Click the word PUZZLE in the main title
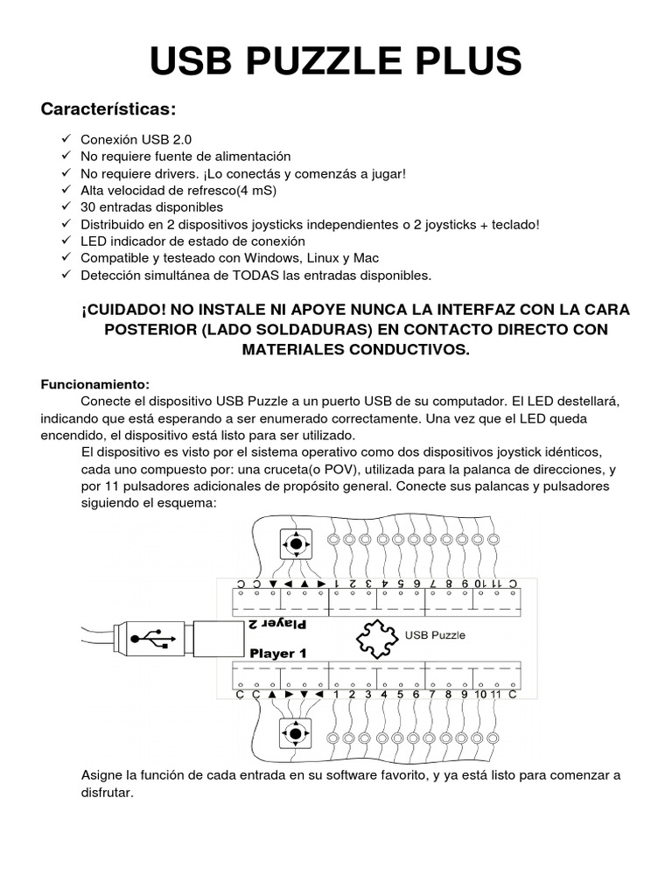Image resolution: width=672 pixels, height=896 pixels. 335,62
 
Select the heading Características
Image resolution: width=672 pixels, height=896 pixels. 108,109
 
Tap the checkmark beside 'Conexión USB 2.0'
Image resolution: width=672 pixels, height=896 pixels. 66,139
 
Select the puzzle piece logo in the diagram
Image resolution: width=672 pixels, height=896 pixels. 375,636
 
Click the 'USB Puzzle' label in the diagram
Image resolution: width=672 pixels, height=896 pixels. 435,635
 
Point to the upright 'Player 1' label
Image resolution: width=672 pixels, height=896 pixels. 278,653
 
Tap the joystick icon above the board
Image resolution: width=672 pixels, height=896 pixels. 296,543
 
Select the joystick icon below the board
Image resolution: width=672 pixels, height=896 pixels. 296,732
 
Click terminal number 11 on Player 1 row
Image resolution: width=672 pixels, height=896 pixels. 496,695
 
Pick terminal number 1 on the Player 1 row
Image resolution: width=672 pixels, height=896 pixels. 336,695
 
